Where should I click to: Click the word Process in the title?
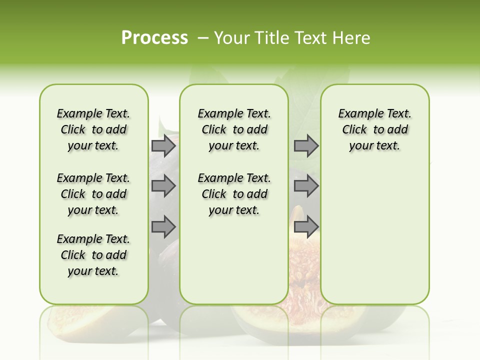click(x=154, y=38)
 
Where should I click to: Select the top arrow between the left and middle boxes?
click(x=163, y=146)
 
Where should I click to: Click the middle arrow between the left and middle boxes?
click(x=163, y=186)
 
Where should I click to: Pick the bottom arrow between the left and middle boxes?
click(x=163, y=227)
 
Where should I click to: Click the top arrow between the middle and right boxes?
click(x=306, y=146)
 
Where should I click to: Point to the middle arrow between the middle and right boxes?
click(x=306, y=186)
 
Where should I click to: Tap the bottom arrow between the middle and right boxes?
click(x=306, y=226)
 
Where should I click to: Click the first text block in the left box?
click(x=93, y=129)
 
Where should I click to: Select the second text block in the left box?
click(x=93, y=194)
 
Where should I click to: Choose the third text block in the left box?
click(x=93, y=255)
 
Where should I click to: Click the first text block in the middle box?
click(x=234, y=129)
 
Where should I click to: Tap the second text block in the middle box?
click(x=234, y=194)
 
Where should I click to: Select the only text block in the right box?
click(x=374, y=129)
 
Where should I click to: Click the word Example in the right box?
click(x=356, y=114)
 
